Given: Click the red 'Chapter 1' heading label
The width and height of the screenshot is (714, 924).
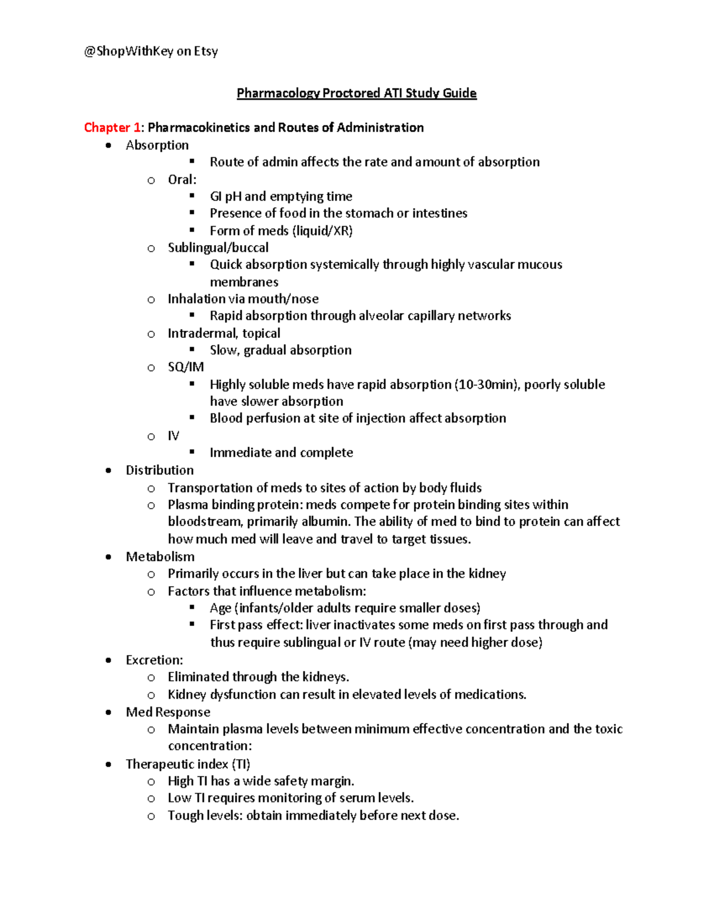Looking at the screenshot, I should coord(112,127).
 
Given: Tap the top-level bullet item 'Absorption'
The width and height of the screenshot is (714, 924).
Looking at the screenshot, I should coord(157,145).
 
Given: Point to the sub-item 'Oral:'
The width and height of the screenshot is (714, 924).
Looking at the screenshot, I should coord(182,180).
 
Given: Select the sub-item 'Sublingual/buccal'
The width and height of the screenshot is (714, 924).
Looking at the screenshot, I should coord(218,248).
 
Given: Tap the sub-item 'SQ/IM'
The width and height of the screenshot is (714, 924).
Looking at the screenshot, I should coord(186,367).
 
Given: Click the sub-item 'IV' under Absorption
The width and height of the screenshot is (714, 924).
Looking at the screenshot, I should coord(173,436).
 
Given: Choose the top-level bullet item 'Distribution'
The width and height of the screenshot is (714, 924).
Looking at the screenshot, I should coord(159,470).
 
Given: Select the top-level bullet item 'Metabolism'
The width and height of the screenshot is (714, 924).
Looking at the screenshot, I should coord(160,557).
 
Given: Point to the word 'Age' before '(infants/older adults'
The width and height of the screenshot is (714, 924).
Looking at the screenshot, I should coord(220,608).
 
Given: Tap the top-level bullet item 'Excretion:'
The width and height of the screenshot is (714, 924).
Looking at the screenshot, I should coord(154,660).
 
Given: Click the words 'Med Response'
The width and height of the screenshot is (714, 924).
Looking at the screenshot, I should coord(168,712).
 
